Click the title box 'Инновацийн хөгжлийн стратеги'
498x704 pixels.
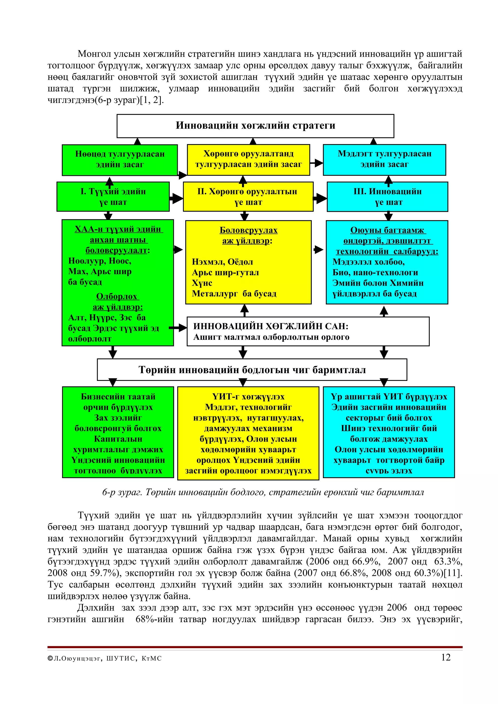(x=255, y=126)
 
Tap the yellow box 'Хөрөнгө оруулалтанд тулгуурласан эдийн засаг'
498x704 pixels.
(x=249, y=159)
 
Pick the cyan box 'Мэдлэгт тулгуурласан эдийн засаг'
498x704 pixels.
(x=384, y=159)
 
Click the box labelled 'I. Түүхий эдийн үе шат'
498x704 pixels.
(x=113, y=197)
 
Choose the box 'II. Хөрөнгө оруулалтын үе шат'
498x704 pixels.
(x=248, y=197)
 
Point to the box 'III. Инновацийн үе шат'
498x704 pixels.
(x=388, y=197)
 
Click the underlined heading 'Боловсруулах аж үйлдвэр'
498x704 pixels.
(x=248, y=235)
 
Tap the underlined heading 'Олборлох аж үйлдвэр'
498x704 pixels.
(x=117, y=301)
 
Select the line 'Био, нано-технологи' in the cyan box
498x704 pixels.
(x=375, y=273)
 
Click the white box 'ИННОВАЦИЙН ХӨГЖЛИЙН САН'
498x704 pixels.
(x=308, y=331)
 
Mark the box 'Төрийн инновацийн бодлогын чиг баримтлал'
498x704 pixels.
(x=252, y=370)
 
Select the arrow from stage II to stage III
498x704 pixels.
(x=320, y=198)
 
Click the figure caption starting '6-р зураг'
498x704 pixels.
(x=263, y=492)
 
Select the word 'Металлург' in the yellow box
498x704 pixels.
(x=215, y=294)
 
